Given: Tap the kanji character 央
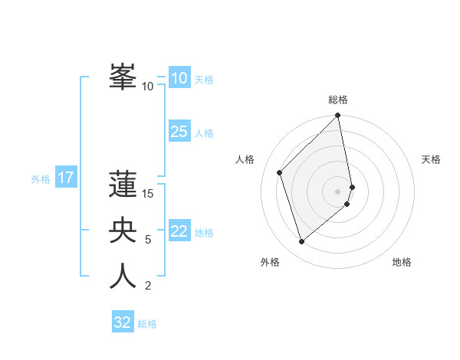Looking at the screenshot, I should coord(123,230).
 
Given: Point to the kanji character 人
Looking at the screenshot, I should coord(123,276).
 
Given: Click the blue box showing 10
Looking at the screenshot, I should coord(179,78).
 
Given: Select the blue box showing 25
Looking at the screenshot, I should coord(179,132).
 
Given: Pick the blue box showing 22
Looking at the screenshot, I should coord(179,231).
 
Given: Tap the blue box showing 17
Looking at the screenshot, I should coord(66,178).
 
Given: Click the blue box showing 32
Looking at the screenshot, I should coord(123,322).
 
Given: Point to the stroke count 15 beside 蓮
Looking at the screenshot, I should coord(148,193).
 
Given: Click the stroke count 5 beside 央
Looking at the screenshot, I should coord(148,240).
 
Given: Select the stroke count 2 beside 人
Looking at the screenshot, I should coord(148,286).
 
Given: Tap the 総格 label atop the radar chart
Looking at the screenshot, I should coord(338,100).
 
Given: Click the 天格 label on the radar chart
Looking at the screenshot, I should coord(431,159).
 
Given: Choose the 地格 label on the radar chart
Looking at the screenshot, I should coord(402,262).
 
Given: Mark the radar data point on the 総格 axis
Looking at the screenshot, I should coord(338,116).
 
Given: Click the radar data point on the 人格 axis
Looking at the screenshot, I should coord(280,172).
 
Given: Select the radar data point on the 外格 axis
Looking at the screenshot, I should coord(302,242).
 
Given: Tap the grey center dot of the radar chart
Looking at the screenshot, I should coord(338,191).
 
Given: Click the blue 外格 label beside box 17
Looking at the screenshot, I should coord(41,179).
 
